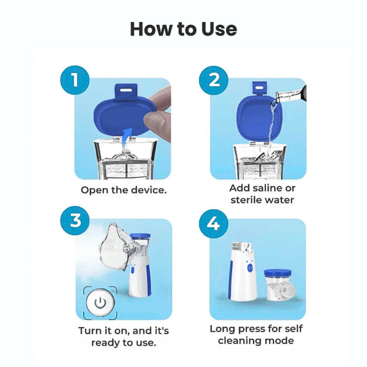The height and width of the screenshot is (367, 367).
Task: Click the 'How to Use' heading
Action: (183, 29)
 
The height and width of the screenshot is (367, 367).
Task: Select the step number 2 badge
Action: (214, 80)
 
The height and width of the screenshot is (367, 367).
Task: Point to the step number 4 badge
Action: (214, 223)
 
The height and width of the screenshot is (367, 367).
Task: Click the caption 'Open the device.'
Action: (124, 190)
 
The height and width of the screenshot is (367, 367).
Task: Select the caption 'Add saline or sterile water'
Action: (262, 193)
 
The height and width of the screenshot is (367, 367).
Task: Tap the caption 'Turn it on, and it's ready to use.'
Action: (124, 337)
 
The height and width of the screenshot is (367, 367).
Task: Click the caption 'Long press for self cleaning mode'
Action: (256, 334)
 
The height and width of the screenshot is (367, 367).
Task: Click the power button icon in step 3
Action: (100, 303)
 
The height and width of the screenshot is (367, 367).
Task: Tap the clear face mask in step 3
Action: (117, 247)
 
